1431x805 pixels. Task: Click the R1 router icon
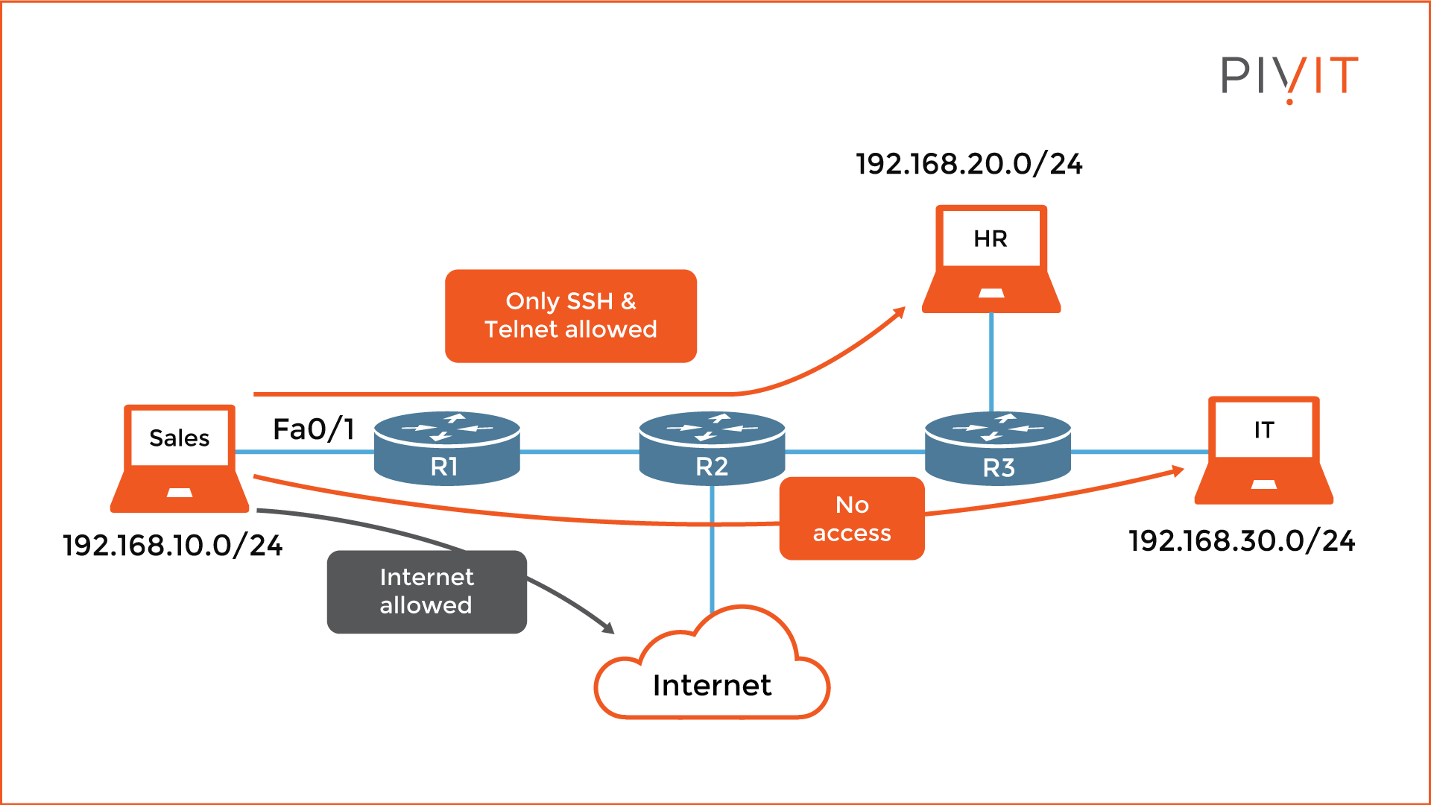[x=446, y=448]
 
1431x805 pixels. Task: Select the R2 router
[x=712, y=448]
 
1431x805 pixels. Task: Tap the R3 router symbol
[x=997, y=448]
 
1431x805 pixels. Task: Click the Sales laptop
[x=180, y=458]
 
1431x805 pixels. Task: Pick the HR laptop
[x=991, y=259]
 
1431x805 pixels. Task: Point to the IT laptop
[x=1263, y=450]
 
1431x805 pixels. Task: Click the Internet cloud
[x=712, y=671]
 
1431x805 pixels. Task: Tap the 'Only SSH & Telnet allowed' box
[x=571, y=316]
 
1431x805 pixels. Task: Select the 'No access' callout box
[x=852, y=519]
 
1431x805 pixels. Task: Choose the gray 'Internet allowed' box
[x=426, y=592]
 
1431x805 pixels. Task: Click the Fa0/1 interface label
[x=313, y=429]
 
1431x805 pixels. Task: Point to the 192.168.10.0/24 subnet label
[x=173, y=546]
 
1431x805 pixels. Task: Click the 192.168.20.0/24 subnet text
[x=969, y=164]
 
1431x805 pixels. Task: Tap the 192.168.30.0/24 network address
[x=1242, y=541]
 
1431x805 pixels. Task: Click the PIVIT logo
[x=1289, y=77]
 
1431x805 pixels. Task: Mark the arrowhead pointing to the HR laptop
[x=900, y=312]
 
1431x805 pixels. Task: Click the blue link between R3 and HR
[x=991, y=362]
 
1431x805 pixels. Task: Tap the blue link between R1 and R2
[x=579, y=452]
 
